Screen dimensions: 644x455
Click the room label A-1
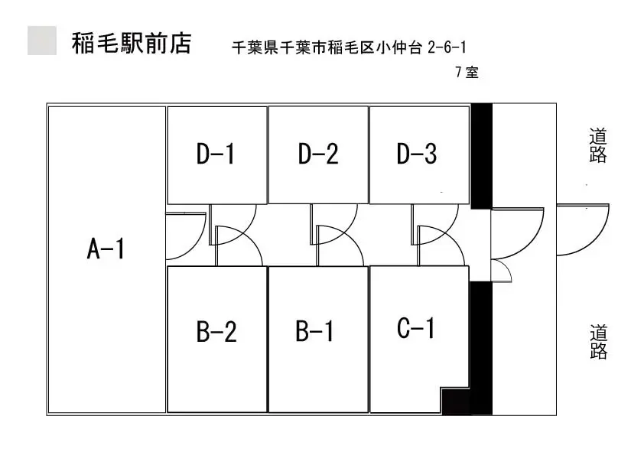[x=106, y=249]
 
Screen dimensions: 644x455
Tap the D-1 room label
[x=216, y=154]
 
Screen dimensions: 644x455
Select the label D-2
[x=318, y=154]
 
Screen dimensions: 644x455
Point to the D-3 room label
[x=417, y=154]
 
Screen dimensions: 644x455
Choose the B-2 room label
[x=217, y=331]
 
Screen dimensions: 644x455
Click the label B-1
[x=314, y=331]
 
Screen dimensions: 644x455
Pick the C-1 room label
[x=415, y=328]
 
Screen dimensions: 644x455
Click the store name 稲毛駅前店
[x=132, y=43]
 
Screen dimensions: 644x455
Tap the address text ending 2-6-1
[x=349, y=47]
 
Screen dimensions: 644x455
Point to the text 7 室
[x=467, y=73]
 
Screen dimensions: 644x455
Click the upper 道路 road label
[x=598, y=146]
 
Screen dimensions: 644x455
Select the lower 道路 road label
[x=598, y=342]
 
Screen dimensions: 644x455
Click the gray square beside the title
[x=42, y=41]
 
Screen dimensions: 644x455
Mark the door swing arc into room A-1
[x=194, y=246]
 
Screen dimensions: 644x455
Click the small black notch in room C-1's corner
[x=456, y=401]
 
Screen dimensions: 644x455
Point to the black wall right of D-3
[x=481, y=156]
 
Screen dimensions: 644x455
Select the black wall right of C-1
[x=481, y=348]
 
